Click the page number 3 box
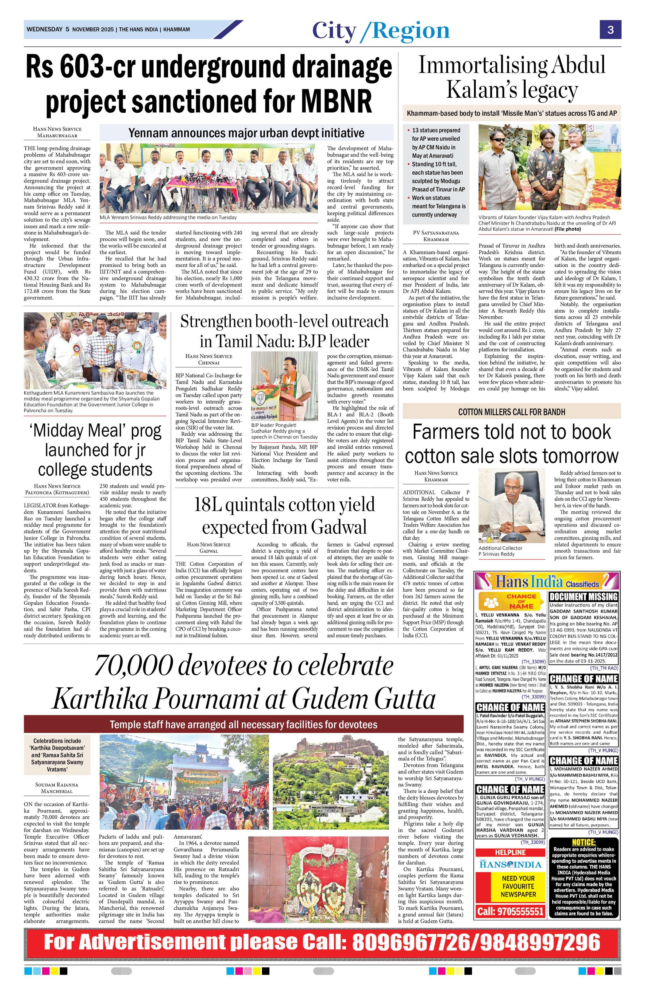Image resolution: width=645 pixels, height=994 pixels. [x=610, y=30]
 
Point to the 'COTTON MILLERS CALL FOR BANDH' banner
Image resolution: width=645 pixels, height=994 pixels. [x=512, y=412]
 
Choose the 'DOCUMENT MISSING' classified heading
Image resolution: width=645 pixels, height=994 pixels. [x=584, y=596]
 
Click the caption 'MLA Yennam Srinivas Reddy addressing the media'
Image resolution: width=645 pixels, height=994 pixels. [x=168, y=217]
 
